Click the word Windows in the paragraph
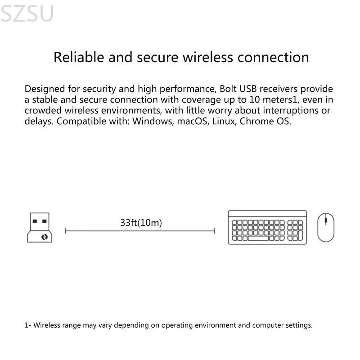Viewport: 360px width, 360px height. [151, 121]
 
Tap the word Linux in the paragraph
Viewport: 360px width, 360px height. [224, 121]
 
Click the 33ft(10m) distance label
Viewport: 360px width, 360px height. [141, 222]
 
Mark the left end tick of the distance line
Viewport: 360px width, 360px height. [66, 231]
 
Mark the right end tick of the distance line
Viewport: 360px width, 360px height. [215, 231]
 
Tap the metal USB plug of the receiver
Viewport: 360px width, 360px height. [40, 221]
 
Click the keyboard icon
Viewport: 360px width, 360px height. [267, 227]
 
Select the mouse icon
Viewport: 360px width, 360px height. [325, 227]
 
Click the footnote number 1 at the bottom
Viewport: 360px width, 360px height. [26, 325]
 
